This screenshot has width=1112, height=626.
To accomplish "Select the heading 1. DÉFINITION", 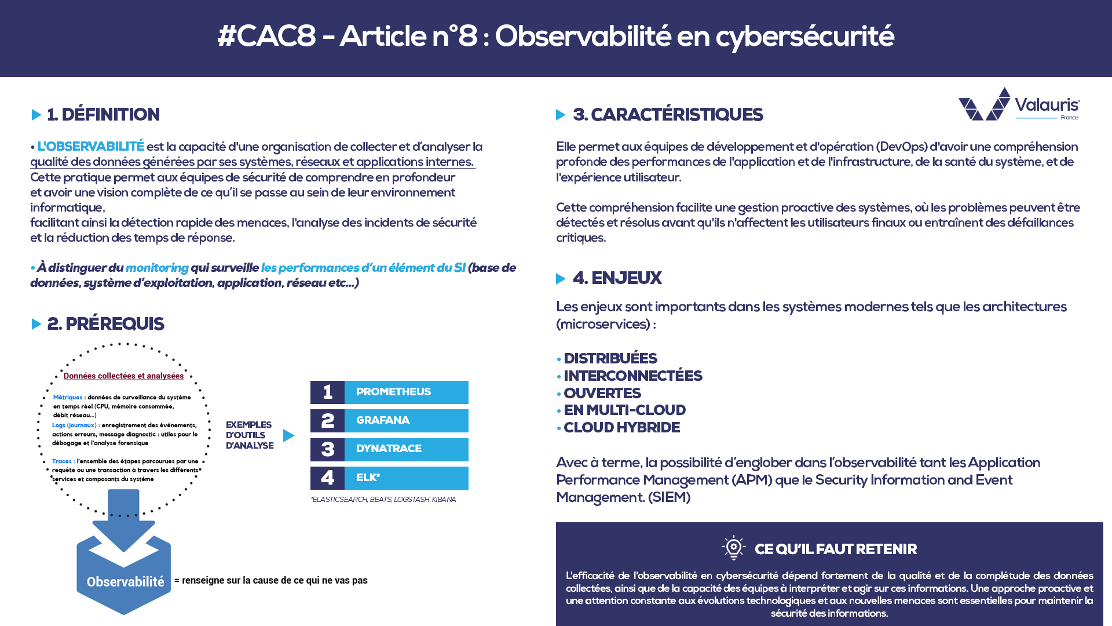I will click(103, 115).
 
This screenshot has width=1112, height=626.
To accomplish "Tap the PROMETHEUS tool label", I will click(394, 392).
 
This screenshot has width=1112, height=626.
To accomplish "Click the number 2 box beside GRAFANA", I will click(327, 421).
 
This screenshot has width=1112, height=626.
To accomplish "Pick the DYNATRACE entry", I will click(389, 449).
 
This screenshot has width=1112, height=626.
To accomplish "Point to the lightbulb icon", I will click(733, 547).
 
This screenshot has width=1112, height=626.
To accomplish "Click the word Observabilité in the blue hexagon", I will click(125, 582).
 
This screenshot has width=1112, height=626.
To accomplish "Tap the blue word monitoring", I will click(157, 268).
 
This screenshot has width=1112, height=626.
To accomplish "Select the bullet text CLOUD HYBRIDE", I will click(621, 428).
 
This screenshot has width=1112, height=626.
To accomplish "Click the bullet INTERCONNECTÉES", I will click(632, 376).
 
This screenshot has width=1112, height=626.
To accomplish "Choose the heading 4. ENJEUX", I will click(617, 278).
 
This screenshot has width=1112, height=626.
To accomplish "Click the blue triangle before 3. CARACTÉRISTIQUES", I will click(560, 115).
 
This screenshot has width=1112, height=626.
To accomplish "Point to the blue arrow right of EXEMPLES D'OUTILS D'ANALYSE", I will click(288, 435).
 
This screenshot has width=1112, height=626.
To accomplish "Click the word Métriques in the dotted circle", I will click(67, 398).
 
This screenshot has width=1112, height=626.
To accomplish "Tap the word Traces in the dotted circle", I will click(61, 461).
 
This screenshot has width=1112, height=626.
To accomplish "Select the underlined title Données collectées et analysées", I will click(123, 376).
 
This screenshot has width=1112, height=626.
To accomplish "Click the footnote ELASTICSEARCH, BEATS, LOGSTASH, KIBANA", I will click(383, 500).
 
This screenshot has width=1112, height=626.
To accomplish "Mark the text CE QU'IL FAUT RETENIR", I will click(835, 549).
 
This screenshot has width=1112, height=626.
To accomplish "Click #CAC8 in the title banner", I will click(266, 37).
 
